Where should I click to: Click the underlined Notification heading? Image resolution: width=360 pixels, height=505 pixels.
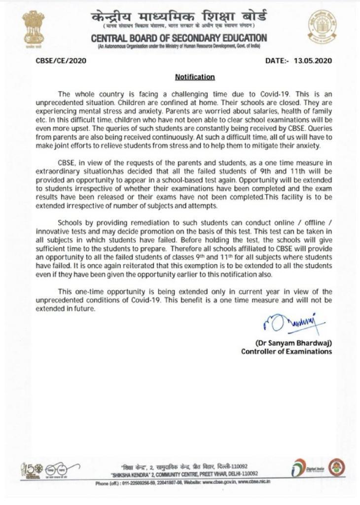point(195,77)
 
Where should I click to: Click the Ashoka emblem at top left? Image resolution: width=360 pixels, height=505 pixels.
point(34,29)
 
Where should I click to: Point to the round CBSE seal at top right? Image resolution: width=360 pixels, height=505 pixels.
point(323,28)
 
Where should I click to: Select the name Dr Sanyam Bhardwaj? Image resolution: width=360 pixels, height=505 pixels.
point(293,343)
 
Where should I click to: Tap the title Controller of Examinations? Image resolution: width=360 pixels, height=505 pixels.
point(287,352)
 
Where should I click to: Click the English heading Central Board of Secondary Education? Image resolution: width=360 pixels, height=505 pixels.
point(179,38)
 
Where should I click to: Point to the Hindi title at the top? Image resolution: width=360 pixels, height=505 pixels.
point(179,16)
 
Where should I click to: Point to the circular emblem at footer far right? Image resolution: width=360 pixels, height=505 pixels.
point(336,467)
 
